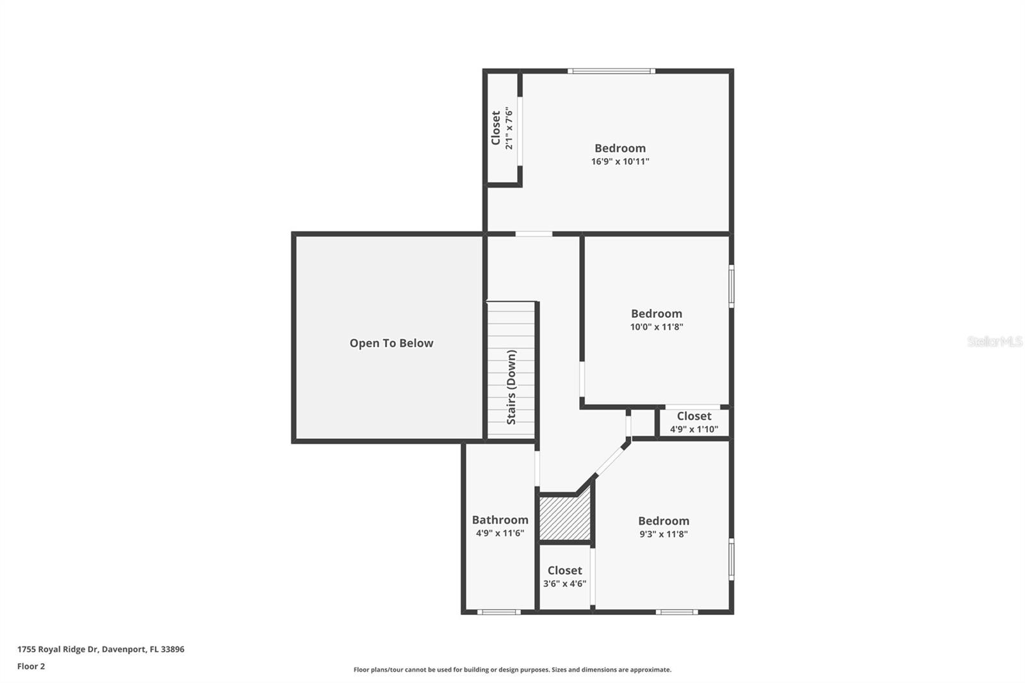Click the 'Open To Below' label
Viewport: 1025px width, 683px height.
[391, 343]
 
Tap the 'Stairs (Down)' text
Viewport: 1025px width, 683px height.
[511, 387]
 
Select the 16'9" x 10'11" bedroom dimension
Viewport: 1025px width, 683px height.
[619, 161]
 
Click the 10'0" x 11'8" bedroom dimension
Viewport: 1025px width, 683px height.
[656, 327]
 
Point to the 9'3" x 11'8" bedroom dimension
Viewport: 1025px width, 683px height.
[663, 534]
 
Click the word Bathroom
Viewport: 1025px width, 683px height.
[500, 520]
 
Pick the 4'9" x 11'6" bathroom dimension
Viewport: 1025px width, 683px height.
[500, 533]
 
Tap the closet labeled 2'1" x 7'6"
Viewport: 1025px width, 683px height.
[502, 129]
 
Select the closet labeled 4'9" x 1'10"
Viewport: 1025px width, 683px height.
[694, 423]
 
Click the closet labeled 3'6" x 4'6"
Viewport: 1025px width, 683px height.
[564, 577]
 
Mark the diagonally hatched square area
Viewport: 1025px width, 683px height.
[564, 518]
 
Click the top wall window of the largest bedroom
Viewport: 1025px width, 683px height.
[611, 71]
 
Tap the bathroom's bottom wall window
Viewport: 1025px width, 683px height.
[498, 612]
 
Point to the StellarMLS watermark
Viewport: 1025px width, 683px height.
[994, 341]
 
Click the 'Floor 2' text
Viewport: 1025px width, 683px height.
[31, 666]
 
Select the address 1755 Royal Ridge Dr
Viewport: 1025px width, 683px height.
[101, 649]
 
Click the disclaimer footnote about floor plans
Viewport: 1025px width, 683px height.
[512, 670]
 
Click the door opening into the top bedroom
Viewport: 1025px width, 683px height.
[534, 234]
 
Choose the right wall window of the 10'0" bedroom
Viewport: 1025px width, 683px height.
[731, 286]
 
